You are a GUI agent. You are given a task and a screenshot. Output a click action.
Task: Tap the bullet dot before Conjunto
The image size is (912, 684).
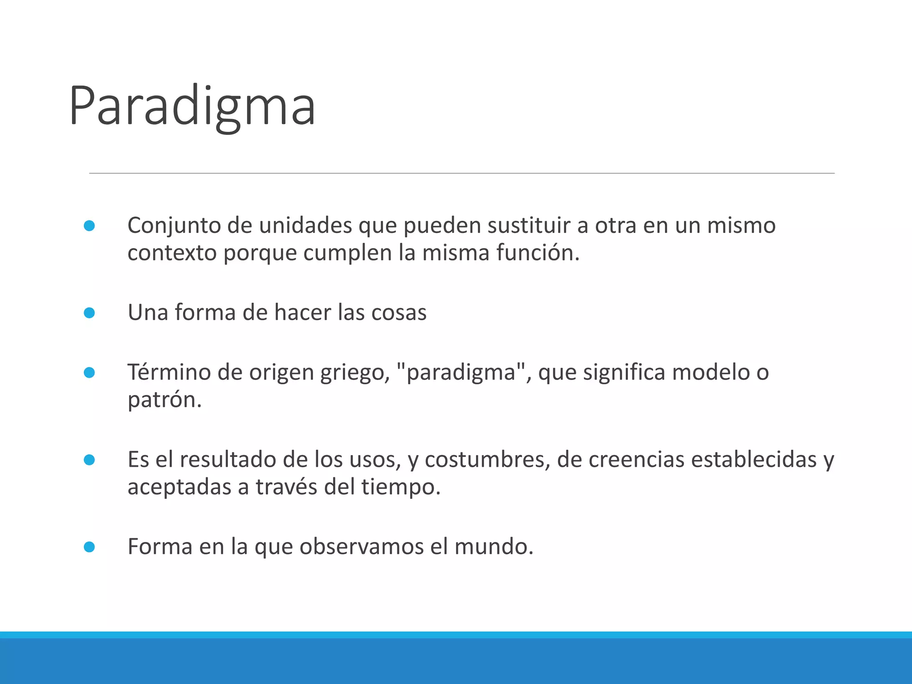click(x=89, y=226)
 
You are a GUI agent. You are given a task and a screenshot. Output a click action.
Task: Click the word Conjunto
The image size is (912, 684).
click(x=174, y=226)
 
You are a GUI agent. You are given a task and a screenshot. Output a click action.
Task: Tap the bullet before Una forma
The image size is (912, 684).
click(x=89, y=313)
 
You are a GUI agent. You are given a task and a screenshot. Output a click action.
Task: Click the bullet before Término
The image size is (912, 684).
click(x=89, y=372)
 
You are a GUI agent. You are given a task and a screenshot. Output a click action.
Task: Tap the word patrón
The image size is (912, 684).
click(x=164, y=400)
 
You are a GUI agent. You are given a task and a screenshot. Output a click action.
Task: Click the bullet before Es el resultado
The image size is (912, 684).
click(x=89, y=460)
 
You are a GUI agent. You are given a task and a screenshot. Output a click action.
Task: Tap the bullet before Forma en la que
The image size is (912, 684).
click(x=89, y=547)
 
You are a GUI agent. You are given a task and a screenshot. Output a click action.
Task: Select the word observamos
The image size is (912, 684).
click(x=361, y=546)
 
